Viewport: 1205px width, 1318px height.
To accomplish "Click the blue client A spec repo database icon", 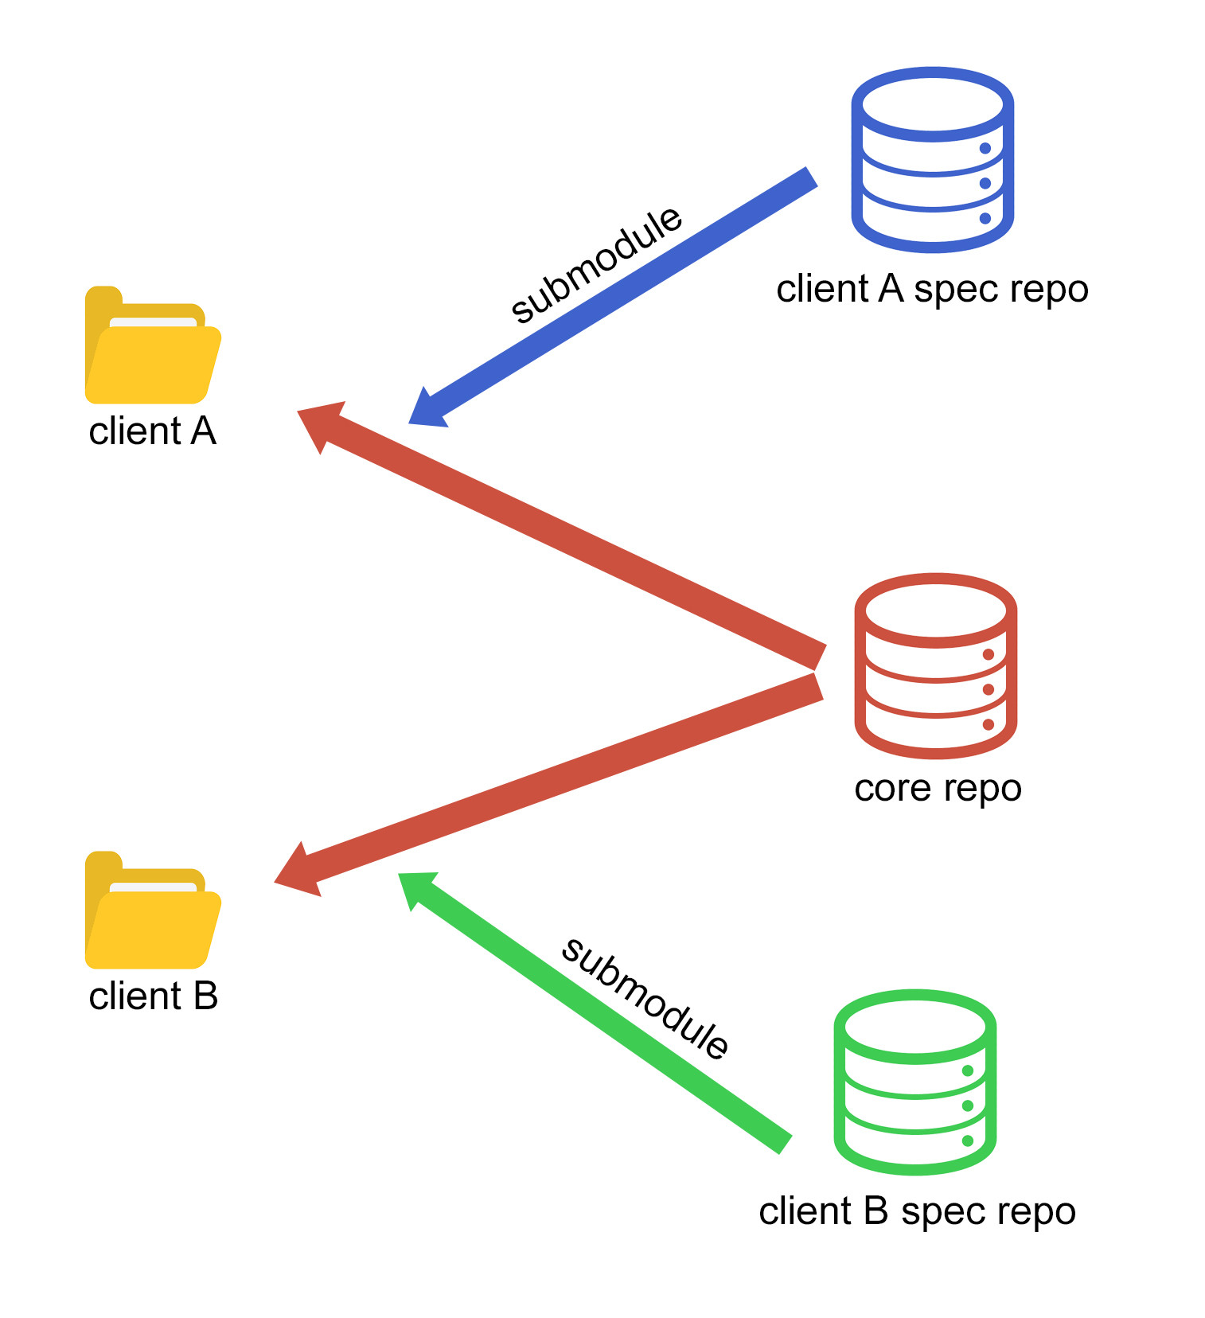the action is click(x=932, y=160).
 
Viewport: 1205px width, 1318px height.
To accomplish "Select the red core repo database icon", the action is click(x=935, y=665).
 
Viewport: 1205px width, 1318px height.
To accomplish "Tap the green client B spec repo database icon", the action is click(x=914, y=1082).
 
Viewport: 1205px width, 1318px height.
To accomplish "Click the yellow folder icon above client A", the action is click(x=153, y=345).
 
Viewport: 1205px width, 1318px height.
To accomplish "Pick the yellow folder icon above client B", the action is click(x=153, y=910).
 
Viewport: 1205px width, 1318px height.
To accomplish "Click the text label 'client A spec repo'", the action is click(x=932, y=290).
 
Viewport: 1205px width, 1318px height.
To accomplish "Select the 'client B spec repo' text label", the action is click(x=917, y=1212).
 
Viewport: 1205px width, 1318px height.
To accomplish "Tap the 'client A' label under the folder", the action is click(x=152, y=431).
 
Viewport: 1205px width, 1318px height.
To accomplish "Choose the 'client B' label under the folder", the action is click(x=153, y=996).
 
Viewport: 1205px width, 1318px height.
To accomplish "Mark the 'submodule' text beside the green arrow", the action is click(x=645, y=998).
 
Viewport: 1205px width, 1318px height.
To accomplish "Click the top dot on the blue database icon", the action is click(x=985, y=148).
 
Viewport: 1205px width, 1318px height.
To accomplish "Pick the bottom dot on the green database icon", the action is click(x=968, y=1141).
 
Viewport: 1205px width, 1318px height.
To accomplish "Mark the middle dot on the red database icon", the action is click(x=989, y=689).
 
